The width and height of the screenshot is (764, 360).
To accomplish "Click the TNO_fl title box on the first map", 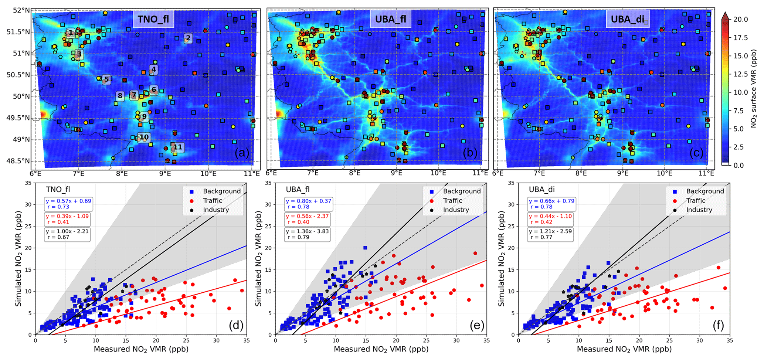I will point(153,19).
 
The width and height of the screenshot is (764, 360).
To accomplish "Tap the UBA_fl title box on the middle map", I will point(391,19).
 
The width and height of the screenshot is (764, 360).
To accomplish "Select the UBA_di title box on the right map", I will point(627,19).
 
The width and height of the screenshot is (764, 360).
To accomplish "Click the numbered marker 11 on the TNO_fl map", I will point(178,147).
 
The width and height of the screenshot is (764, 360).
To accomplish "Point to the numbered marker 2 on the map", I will point(188,38).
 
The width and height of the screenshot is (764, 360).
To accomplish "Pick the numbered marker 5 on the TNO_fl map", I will point(106,79).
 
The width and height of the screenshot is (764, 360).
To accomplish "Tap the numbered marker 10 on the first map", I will point(144,137).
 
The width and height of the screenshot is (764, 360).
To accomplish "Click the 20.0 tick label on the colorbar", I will point(741,19).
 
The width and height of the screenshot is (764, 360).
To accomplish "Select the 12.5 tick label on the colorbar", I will point(741,74).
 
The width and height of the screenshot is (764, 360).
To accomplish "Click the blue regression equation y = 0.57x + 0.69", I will point(68,201).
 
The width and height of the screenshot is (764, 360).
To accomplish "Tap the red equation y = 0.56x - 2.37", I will point(308,216).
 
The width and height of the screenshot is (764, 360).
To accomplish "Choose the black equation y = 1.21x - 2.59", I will point(550,231).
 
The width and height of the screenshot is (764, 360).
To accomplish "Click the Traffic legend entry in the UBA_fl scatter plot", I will point(452,201).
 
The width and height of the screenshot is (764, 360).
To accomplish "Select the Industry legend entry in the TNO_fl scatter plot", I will point(216,210).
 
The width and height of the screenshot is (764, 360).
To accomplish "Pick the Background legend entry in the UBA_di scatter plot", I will point(705,191).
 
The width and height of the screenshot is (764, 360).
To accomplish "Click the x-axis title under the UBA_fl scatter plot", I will point(381,349).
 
